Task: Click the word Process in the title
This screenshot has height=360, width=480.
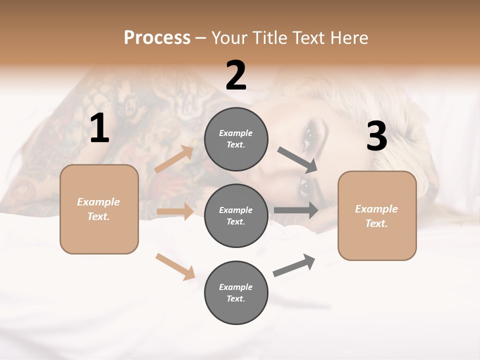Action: [x=157, y=37]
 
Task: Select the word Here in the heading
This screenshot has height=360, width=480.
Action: [x=348, y=37]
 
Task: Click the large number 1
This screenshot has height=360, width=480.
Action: [x=99, y=128]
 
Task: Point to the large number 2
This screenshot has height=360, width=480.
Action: [x=236, y=75]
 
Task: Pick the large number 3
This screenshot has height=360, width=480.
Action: [x=376, y=136]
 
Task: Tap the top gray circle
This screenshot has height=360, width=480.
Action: [x=236, y=138]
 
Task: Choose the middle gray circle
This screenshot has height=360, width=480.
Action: [x=236, y=215]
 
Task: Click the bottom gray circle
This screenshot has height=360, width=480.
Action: [x=236, y=292]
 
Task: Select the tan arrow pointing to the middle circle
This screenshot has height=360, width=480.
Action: [x=175, y=211]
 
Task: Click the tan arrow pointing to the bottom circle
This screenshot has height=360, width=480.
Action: [x=175, y=266]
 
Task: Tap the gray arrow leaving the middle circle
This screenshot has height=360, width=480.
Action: [x=296, y=210]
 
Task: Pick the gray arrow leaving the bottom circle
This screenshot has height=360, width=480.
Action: [x=294, y=265]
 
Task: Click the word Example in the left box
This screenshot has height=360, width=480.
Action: [x=98, y=202]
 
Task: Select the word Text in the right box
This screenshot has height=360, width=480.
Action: [x=376, y=223]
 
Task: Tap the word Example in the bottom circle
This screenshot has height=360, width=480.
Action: [x=236, y=287]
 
